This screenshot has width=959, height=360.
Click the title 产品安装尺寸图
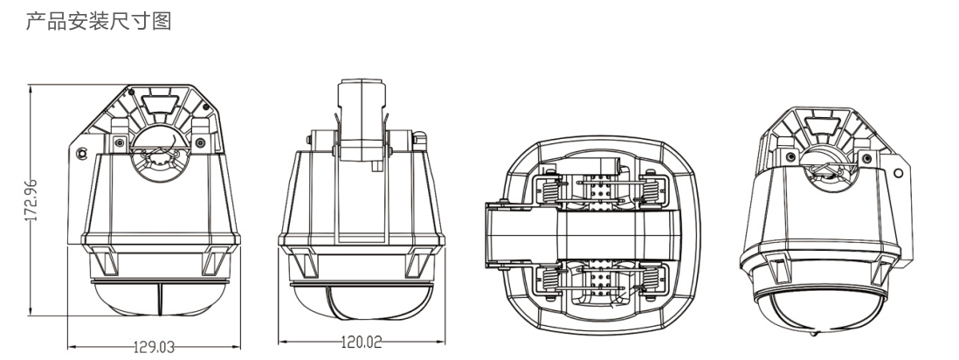coord(99,22)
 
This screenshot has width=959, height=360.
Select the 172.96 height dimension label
coord(31,200)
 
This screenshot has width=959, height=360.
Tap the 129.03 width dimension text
coord(154,347)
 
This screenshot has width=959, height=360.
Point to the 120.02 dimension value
coord(361,342)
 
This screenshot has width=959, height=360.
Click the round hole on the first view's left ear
coord(81,153)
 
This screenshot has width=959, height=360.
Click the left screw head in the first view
coord(120,143)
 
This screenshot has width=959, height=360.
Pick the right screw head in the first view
coord(200,143)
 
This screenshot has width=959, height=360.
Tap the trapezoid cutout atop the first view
coord(160,101)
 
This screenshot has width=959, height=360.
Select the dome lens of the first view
coord(160,299)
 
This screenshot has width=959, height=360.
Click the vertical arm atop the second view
coord(362,120)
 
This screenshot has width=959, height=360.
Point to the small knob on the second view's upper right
coord(419,138)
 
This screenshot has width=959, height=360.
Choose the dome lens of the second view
coord(362,302)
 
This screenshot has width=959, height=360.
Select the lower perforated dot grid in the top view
coord(602,281)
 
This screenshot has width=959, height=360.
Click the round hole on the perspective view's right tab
coord(898,173)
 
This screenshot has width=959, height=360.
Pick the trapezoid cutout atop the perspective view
coord(821,124)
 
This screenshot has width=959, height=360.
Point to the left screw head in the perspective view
coord(790,157)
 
